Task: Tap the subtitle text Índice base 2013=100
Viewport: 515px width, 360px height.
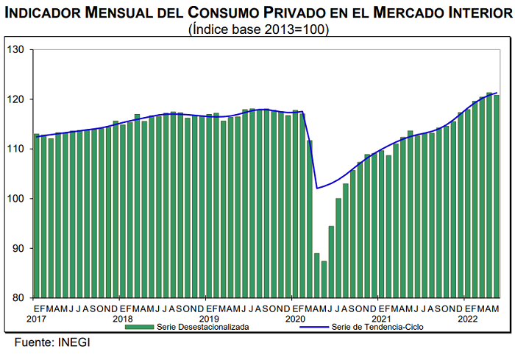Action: pyautogui.click(x=258, y=29)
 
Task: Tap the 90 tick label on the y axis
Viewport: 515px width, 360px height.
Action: pyautogui.click(x=19, y=248)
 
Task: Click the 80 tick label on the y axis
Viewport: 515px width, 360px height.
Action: pyautogui.click(x=19, y=297)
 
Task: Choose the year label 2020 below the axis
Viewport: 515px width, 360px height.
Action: pyautogui.click(x=295, y=318)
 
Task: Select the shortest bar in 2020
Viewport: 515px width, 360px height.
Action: pyautogui.click(x=324, y=279)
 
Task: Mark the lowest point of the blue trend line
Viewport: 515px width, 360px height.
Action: pyautogui.click(x=317, y=188)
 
